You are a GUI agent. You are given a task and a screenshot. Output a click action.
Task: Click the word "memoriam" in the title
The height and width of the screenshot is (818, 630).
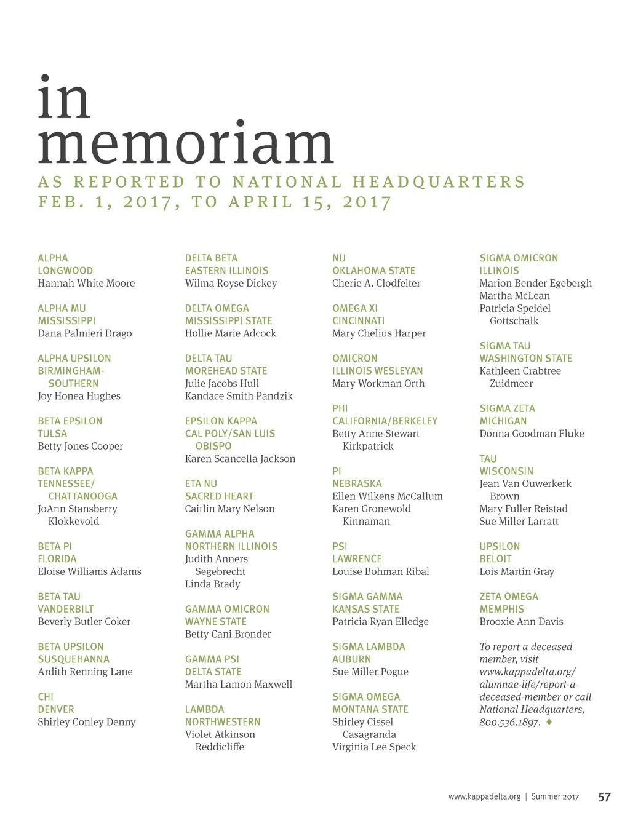tap(185, 144)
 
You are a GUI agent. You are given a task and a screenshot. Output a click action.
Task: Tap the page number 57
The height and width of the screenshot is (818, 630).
tap(604, 797)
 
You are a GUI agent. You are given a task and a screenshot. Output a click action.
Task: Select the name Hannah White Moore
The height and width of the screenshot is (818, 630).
tap(86, 284)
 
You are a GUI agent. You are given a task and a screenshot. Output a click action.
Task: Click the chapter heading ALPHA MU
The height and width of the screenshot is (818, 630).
tap(62, 308)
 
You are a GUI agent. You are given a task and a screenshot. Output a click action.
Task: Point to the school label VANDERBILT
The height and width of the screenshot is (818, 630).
tap(66, 609)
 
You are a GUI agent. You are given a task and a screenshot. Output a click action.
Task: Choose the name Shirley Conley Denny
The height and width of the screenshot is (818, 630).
tap(87, 722)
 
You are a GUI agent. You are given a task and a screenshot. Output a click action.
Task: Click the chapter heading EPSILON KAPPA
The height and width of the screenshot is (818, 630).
tap(221, 421)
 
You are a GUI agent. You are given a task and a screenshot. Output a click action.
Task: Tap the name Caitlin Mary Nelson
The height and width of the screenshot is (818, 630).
tap(229, 509)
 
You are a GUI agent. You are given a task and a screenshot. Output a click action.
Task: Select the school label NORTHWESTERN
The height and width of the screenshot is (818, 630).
tap(223, 722)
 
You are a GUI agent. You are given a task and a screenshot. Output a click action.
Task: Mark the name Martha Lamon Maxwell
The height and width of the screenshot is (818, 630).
tap(239, 685)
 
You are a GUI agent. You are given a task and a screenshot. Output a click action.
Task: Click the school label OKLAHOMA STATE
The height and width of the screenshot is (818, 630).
tap(373, 271)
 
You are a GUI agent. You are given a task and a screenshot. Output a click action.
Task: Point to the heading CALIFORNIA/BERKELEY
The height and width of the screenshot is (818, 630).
tap(385, 421)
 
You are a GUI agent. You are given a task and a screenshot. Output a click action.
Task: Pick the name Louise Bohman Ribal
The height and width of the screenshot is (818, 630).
tap(380, 571)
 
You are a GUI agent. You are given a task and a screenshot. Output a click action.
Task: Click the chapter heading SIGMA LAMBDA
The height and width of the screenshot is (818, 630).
tap(369, 647)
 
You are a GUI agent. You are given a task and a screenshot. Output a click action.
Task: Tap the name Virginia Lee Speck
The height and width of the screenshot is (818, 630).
tap(374, 747)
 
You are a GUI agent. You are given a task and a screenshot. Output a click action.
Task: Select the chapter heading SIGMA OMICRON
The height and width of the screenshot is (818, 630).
tap(519, 258)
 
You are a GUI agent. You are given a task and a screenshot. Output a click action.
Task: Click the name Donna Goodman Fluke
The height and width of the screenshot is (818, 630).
tap(532, 434)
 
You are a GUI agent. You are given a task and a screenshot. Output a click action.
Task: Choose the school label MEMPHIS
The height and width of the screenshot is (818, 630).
tap(502, 609)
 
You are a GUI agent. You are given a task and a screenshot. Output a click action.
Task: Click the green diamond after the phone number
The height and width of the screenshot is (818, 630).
tap(549, 721)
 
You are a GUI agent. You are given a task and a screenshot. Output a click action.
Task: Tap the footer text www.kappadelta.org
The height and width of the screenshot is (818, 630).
tap(484, 797)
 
